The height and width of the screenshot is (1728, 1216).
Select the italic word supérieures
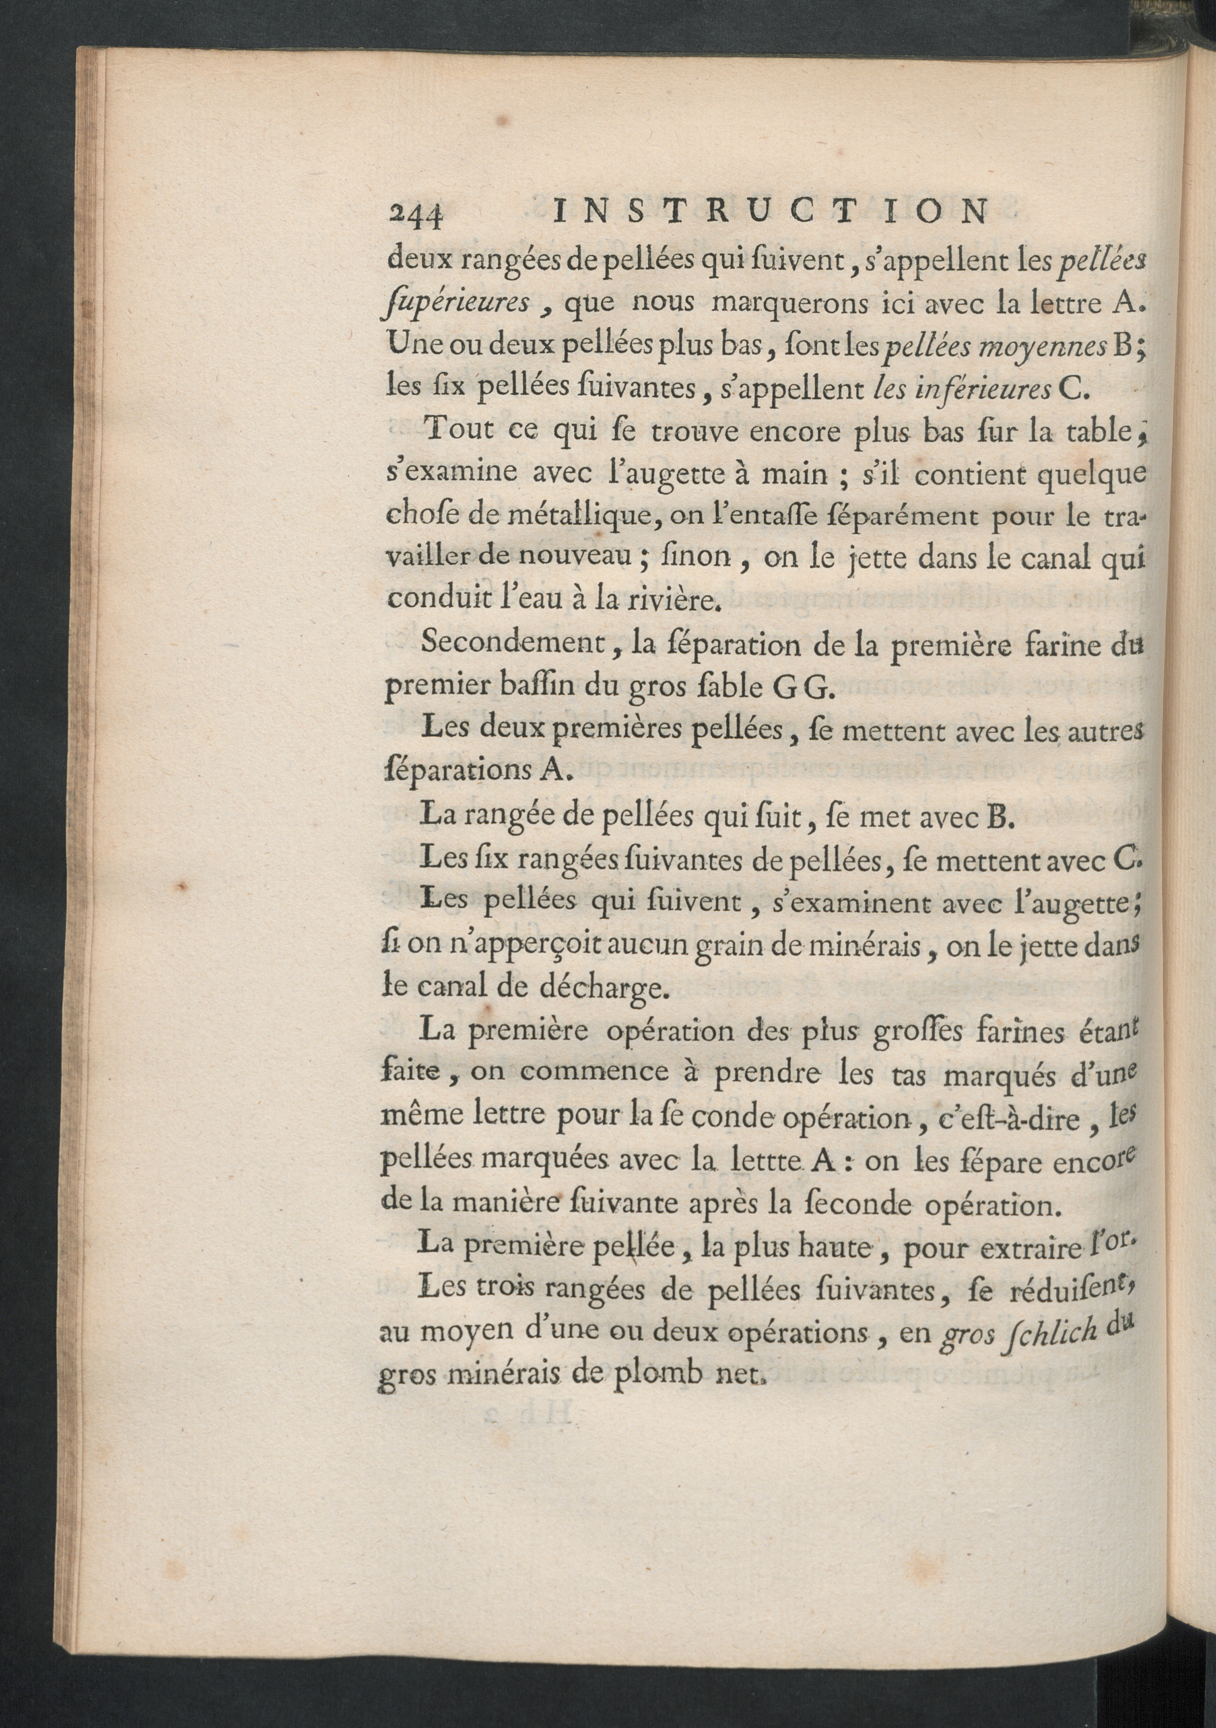[x=456, y=304]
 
